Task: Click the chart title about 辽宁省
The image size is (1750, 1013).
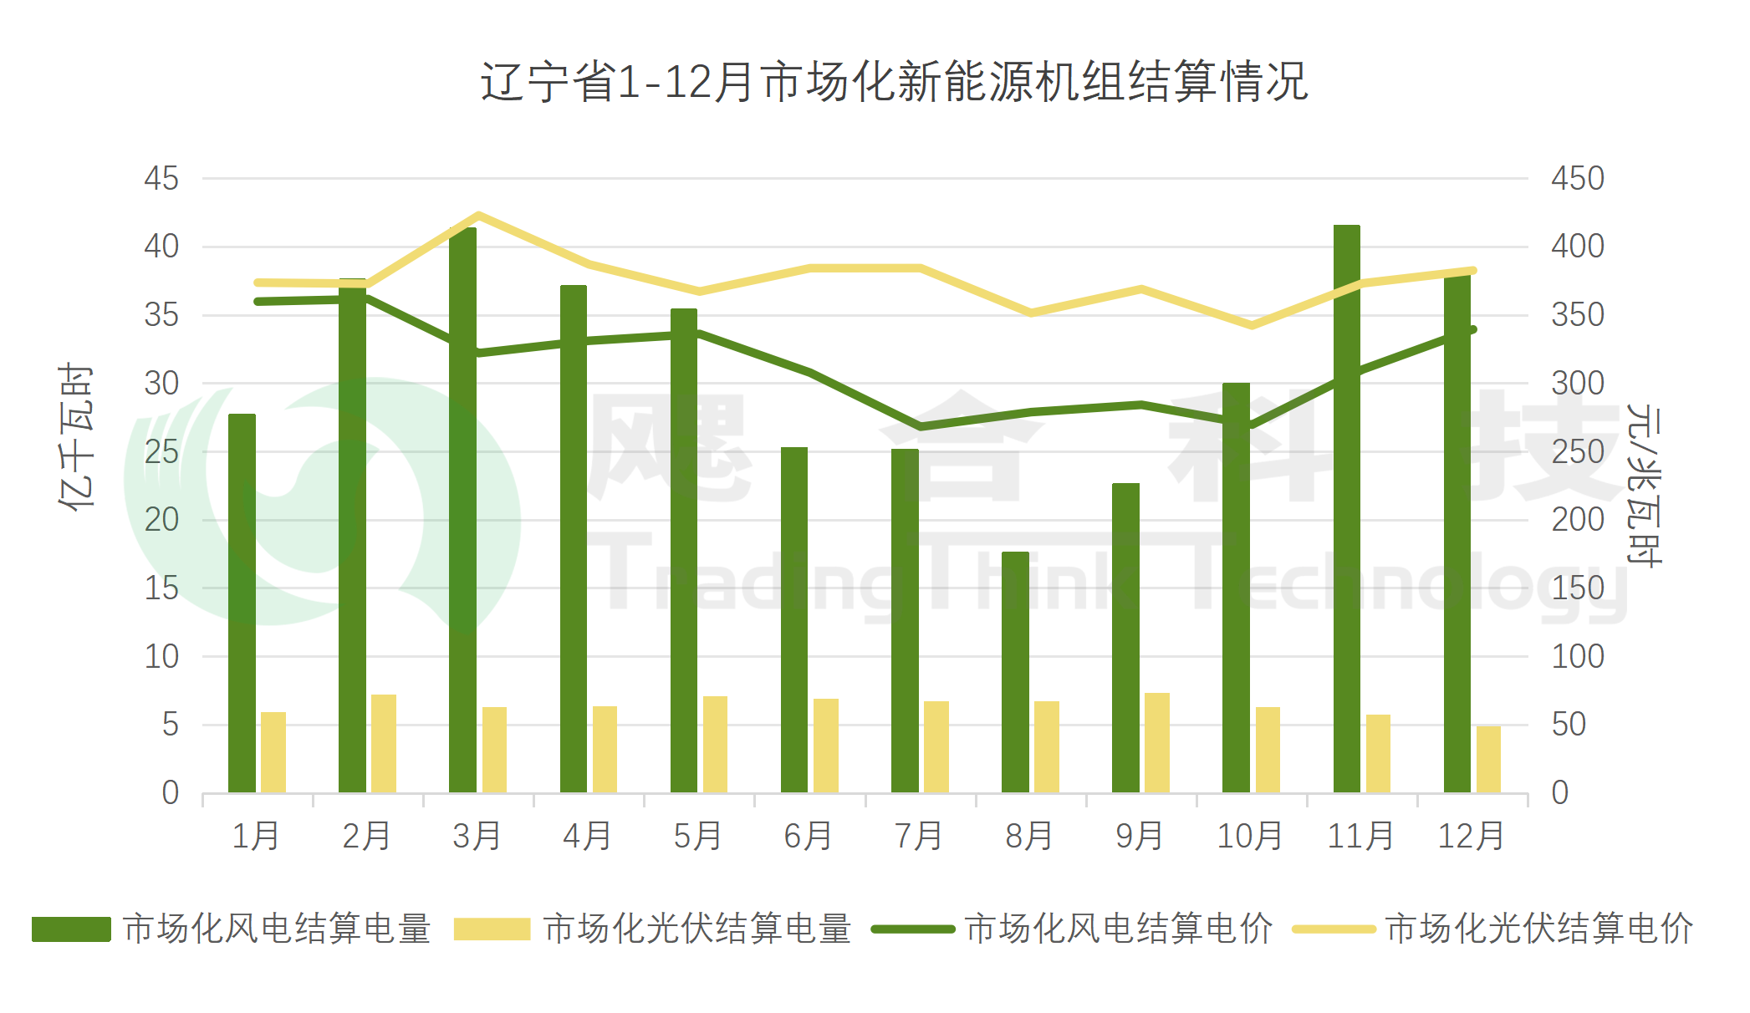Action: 894,82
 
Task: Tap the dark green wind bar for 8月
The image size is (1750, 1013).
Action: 1015,672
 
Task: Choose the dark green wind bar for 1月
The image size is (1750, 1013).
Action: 242,603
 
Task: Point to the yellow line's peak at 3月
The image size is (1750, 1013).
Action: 478,216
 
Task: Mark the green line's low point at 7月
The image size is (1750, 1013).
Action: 920,426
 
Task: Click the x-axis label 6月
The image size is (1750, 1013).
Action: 808,836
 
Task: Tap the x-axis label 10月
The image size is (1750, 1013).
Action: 1249,836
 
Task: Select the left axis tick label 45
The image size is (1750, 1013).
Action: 161,178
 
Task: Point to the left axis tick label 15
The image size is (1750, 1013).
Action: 161,588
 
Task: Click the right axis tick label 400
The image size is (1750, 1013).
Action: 1577,247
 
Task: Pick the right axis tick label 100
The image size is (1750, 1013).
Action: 1577,656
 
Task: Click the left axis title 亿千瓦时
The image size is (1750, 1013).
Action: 76,436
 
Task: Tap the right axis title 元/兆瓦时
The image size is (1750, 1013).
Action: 1644,485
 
